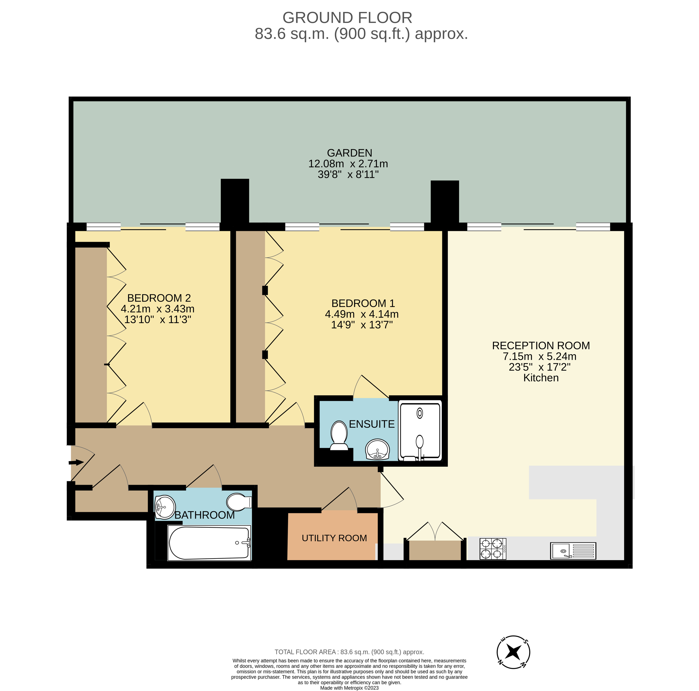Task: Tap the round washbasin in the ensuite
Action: [377, 450]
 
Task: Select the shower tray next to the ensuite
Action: [420, 431]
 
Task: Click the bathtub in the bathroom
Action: [209, 543]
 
